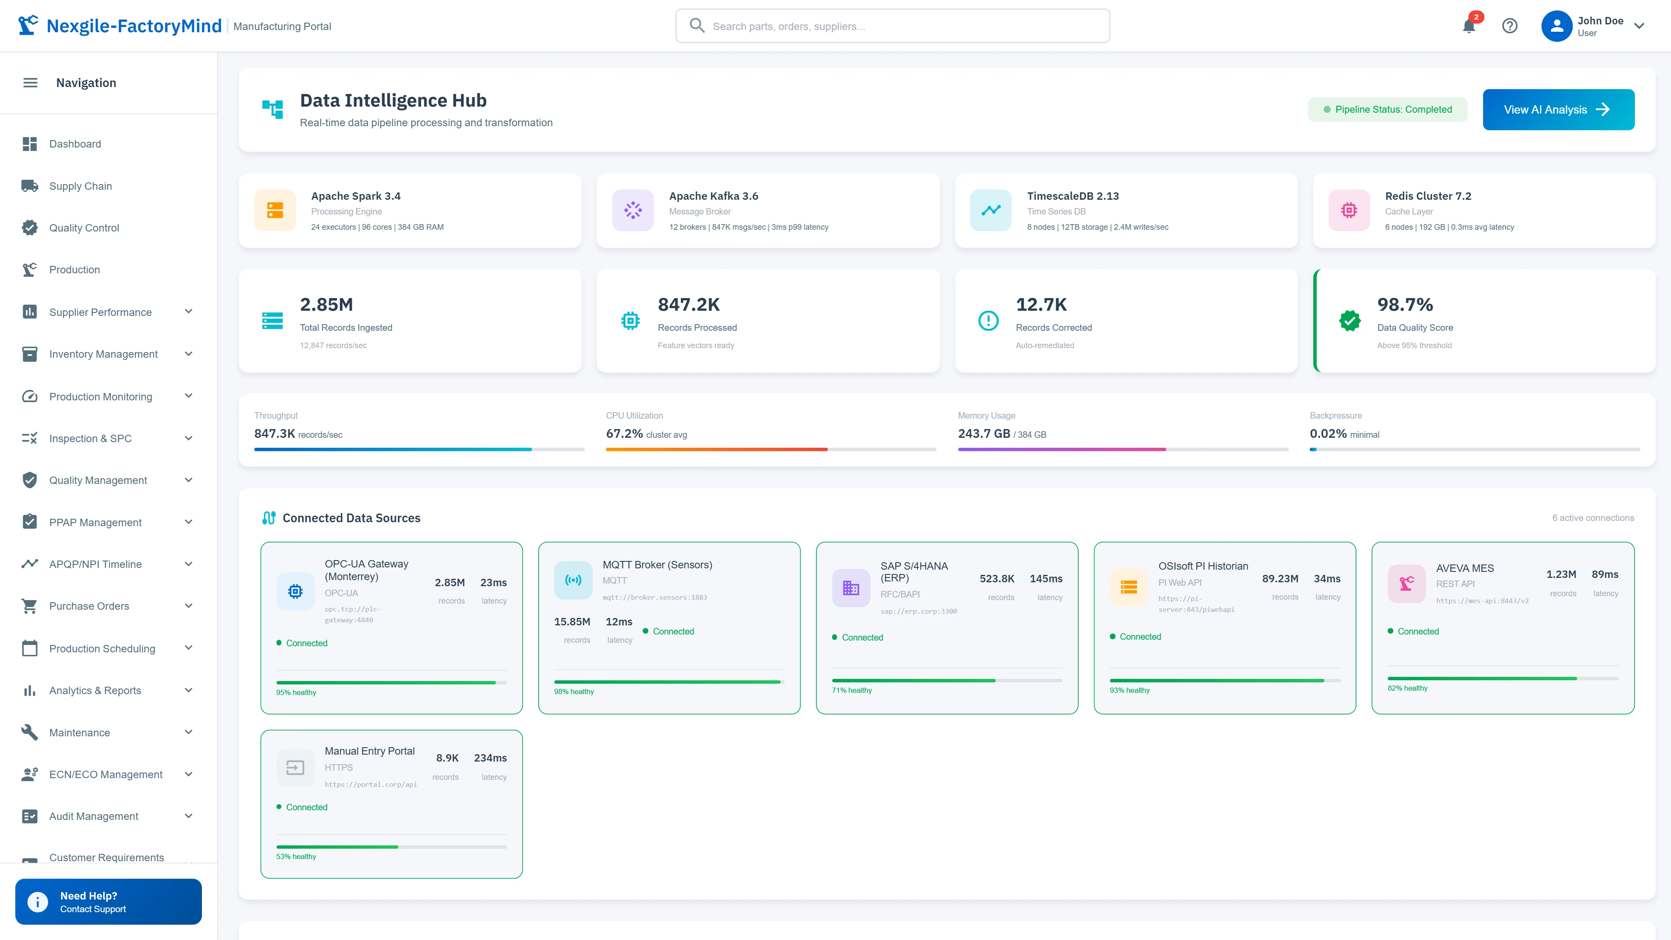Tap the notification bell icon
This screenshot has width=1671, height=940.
coord(1469,26)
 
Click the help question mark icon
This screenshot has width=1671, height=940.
coord(1510,26)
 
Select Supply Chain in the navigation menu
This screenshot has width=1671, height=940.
coord(81,186)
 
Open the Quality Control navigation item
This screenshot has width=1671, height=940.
coord(84,228)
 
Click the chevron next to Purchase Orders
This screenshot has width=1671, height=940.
coord(188,606)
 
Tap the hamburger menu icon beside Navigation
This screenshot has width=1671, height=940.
coord(30,82)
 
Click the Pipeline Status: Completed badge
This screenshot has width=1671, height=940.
coord(1388,110)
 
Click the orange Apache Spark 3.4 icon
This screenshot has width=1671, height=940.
coord(275,210)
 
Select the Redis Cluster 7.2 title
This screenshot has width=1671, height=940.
coord(1428,196)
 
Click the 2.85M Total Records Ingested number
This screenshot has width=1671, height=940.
coord(326,304)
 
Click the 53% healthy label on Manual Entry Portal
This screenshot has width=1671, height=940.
coord(296,856)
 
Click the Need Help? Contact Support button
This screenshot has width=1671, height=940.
coord(108,902)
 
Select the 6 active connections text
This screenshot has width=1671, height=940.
coord(1593,518)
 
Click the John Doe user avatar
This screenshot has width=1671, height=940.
coord(1556,26)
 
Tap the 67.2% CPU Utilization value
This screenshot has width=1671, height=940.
coord(624,433)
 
